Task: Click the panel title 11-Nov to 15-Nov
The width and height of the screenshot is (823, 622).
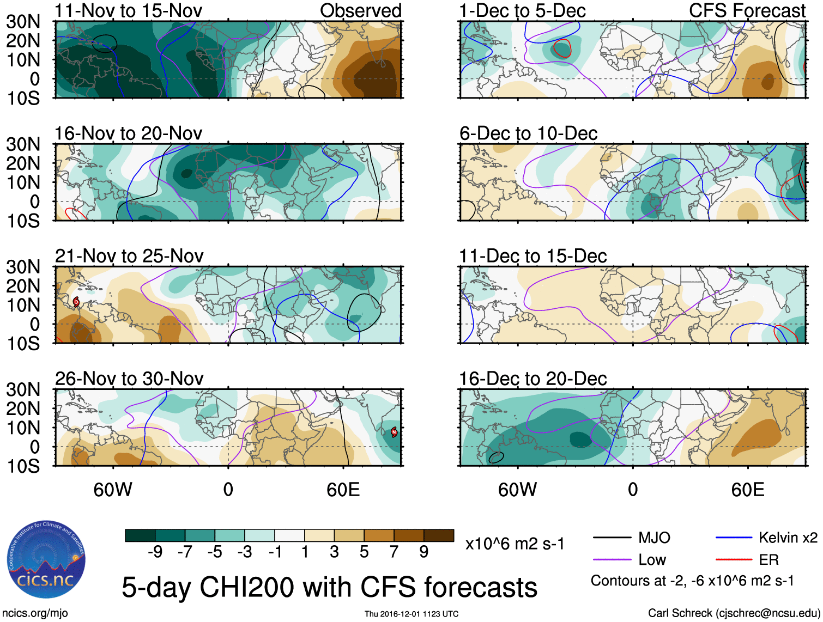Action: [128, 10]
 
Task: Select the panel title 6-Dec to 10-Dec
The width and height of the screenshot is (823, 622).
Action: [528, 133]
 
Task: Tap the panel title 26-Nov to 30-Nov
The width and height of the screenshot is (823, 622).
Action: [129, 378]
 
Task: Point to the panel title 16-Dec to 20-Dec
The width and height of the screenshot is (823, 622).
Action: [532, 378]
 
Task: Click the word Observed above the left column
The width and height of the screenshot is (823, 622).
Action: [360, 10]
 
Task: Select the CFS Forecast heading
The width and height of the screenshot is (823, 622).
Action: [747, 10]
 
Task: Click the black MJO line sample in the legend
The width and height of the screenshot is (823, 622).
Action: [612, 538]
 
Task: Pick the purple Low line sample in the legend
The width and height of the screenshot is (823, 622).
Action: [612, 559]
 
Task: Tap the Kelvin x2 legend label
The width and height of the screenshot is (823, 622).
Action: [788, 538]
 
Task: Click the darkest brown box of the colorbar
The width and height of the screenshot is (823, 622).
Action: [439, 535]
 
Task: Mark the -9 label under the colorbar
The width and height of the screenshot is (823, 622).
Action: [155, 552]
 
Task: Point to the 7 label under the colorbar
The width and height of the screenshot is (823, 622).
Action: [394, 552]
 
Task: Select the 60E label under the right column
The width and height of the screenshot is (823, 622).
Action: [747, 490]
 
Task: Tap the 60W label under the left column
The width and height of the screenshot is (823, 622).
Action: [113, 490]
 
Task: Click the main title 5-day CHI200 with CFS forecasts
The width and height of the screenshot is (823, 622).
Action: [329, 587]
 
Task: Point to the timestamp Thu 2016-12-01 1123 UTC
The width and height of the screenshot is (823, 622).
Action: [411, 614]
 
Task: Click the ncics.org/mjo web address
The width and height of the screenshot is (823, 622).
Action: [35, 613]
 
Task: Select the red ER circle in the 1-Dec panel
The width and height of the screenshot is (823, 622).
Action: [562, 48]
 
